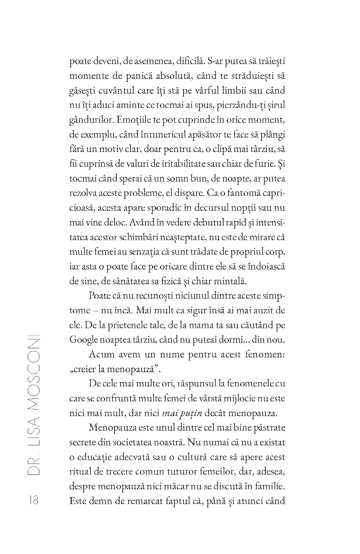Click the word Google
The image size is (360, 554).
click(x=83, y=340)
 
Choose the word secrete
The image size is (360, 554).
click(x=83, y=442)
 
